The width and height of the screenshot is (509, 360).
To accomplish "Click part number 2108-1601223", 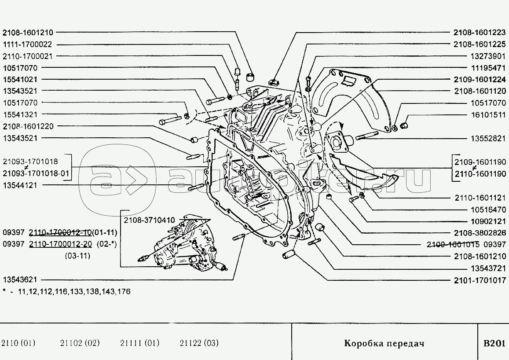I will pos(480,33).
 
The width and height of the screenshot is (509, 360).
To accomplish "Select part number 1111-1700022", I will pos(27,44).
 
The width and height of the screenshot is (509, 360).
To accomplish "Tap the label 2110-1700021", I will pos(27,56).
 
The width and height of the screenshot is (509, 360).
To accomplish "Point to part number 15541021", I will pos(20,79).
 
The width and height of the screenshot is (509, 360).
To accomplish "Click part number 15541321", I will pos(20,114).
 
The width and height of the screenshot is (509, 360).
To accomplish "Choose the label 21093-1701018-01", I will pos(36,173).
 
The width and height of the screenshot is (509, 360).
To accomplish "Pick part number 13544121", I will pos(20,185).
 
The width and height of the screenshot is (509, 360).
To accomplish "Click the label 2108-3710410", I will pos(149,220).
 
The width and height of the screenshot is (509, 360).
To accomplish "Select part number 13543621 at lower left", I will pos(20,279).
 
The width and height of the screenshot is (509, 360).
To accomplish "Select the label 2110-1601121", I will pos(480,198).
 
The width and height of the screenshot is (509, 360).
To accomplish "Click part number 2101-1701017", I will pos(480,280).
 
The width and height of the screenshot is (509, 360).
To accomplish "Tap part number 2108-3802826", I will pos(480,233).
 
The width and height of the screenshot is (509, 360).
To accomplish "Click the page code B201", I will pos(494,343).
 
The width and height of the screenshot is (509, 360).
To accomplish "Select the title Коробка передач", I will pos(384,343).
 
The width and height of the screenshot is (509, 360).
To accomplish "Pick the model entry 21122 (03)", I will pos(199,343).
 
